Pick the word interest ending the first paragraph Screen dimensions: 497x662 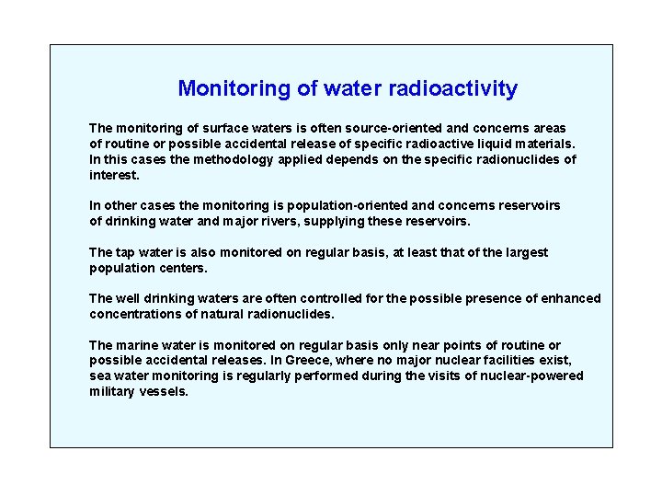coord(113,174)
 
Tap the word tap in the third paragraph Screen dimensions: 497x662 coord(127,252)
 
